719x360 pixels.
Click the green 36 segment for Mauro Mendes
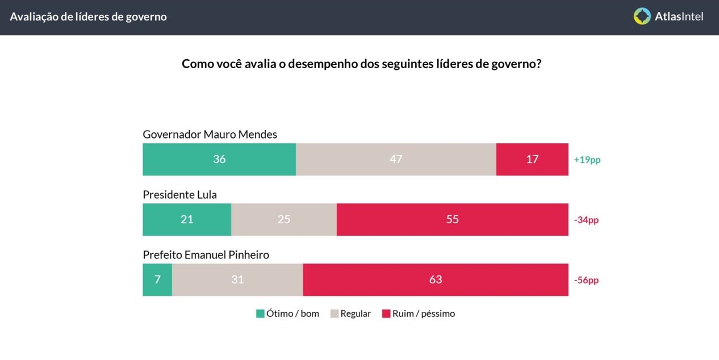(219, 160)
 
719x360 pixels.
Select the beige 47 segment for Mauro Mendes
(396, 160)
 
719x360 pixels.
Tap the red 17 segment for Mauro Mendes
(532, 160)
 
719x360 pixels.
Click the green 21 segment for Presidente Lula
(187, 220)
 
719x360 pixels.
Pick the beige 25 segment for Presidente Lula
(284, 220)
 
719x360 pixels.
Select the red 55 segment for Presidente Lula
(452, 220)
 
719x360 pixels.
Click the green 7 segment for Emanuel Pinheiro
(157, 280)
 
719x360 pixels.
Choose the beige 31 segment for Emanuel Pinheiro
(237, 280)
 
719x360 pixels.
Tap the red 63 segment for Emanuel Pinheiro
(436, 280)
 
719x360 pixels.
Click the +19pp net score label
(587, 160)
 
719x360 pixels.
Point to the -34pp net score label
(586, 220)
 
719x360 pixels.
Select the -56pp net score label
(586, 281)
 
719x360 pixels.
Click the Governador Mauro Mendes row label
(210, 135)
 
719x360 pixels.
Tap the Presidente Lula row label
(179, 195)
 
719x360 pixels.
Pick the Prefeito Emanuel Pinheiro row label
(206, 255)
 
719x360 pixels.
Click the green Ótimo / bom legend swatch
(261, 313)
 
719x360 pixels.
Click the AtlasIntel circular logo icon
(642, 16)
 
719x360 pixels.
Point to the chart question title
(361, 64)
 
